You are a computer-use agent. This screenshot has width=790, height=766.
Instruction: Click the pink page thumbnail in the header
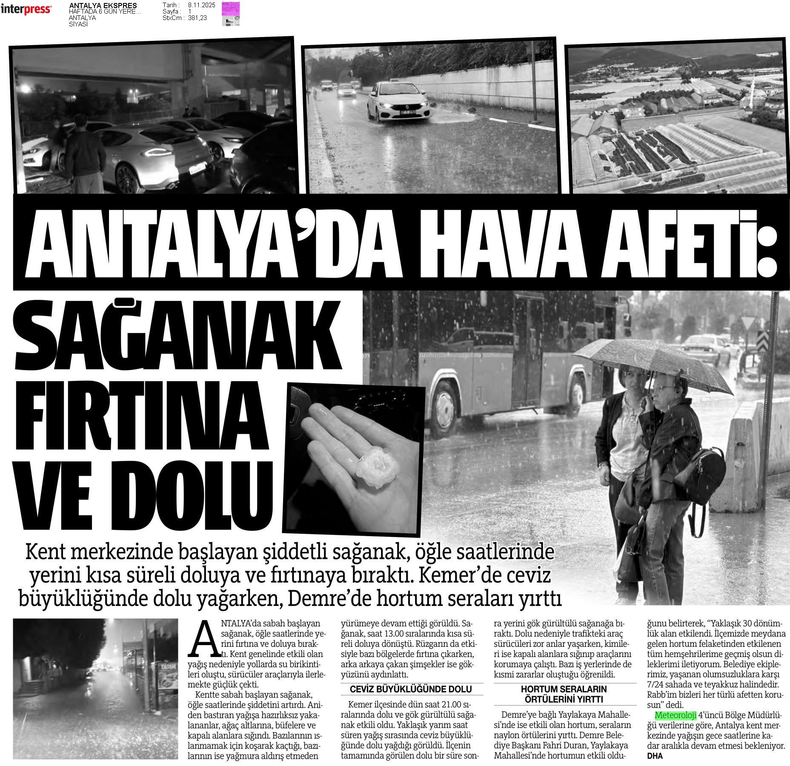tap(231, 14)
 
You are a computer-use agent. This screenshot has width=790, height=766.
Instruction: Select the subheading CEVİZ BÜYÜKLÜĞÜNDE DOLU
tap(411, 689)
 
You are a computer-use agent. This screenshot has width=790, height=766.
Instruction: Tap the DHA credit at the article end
tap(655, 756)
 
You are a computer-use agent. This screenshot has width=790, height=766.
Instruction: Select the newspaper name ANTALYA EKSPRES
tap(103, 5)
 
